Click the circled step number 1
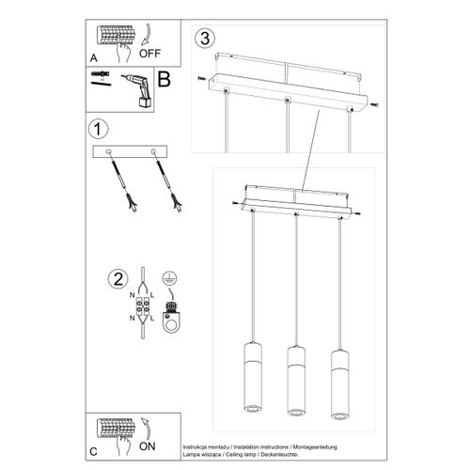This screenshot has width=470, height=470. (94, 128)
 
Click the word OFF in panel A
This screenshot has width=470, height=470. (163, 55)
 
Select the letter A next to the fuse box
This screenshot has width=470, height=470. (93, 55)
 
